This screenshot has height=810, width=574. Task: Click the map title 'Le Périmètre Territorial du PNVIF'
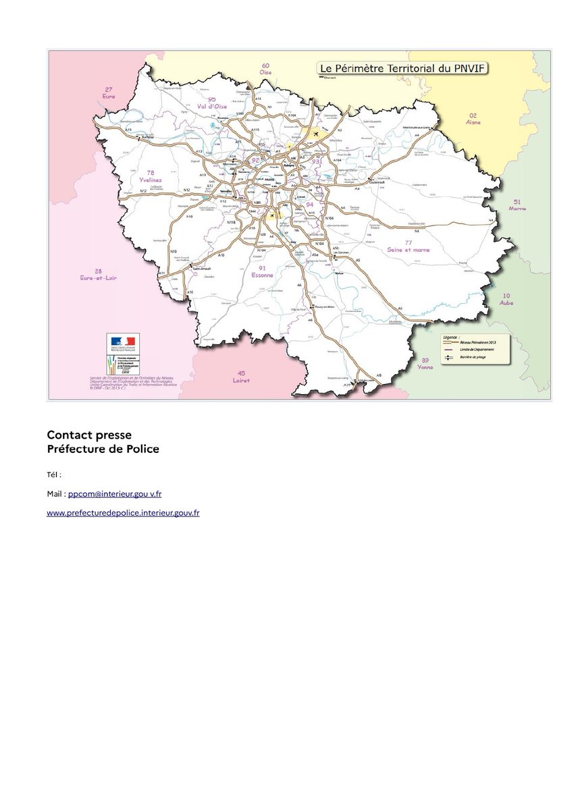point(403,68)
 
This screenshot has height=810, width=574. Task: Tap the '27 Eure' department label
point(109,93)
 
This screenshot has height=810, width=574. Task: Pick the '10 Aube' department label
point(506,300)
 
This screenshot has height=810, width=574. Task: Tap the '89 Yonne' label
point(425,364)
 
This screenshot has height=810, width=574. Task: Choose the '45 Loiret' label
point(241,377)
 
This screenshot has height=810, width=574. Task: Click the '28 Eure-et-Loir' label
point(99,274)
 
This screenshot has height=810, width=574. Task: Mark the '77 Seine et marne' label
point(409,246)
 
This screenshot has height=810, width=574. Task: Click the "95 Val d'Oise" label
point(212,103)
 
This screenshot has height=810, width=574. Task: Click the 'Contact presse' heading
point(89,435)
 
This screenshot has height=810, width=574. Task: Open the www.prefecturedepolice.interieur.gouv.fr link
point(123,513)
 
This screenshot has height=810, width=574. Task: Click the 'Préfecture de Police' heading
point(103,449)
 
